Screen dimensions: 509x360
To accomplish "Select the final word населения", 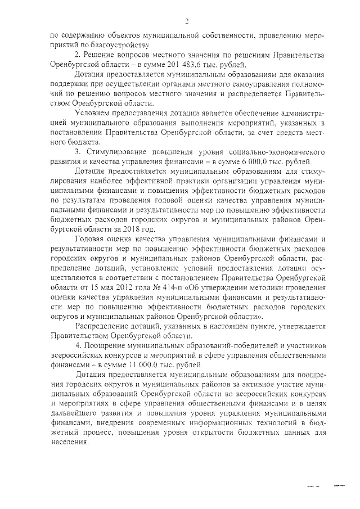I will click(69, 442).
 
